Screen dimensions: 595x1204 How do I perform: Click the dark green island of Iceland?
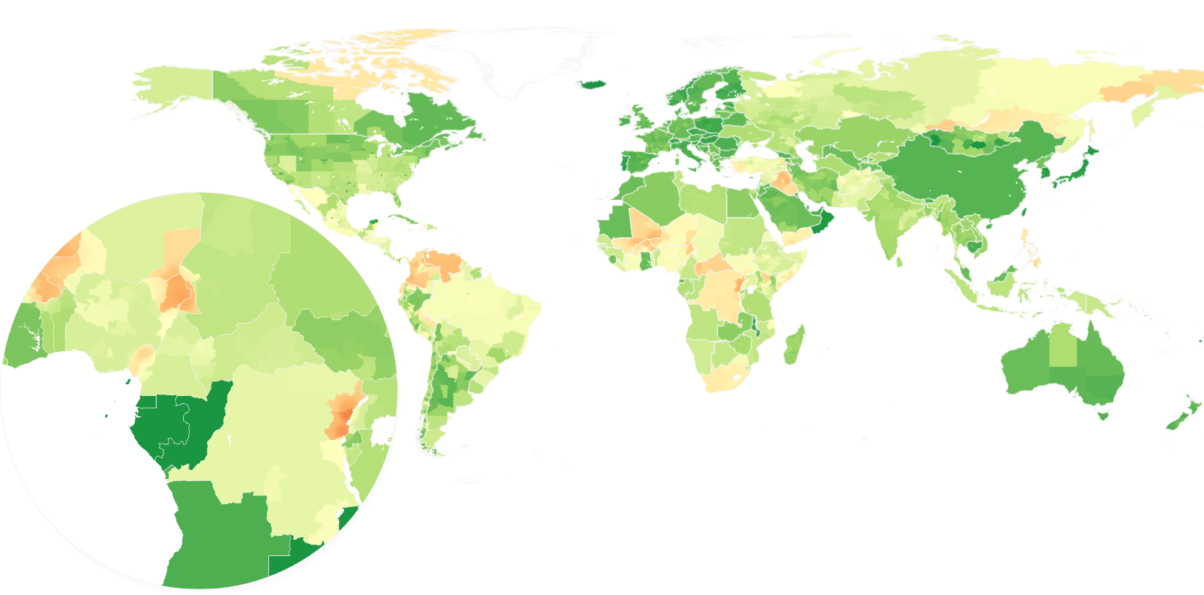(x=592, y=84)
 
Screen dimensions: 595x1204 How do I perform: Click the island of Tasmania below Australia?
(x=1102, y=415)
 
